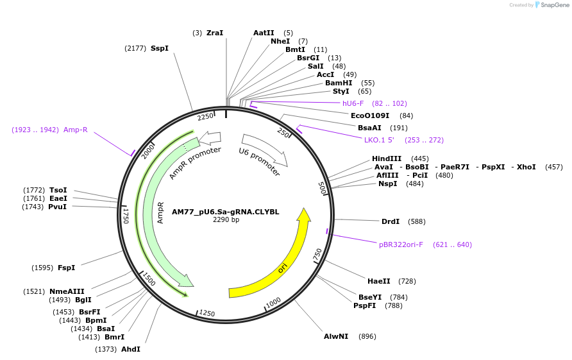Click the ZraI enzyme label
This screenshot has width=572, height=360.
pos(215,33)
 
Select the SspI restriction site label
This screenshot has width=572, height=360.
pos(160,48)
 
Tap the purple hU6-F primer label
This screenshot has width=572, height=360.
pos(353,103)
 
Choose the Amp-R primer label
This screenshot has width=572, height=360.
pos(76,130)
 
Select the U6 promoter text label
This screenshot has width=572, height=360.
pos(259,162)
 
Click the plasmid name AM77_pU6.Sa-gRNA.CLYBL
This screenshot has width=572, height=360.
pos(226,212)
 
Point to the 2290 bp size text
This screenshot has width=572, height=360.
pos(226,220)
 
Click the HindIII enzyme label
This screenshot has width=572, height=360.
pos(387,159)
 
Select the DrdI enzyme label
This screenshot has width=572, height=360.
pos(391,221)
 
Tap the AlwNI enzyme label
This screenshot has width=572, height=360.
pos(336,336)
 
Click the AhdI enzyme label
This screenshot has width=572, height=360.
pos(131,349)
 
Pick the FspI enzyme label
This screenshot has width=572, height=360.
pos(67,268)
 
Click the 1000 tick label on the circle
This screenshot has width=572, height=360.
pos(273,302)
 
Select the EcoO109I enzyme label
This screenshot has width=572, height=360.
pos(370,116)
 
